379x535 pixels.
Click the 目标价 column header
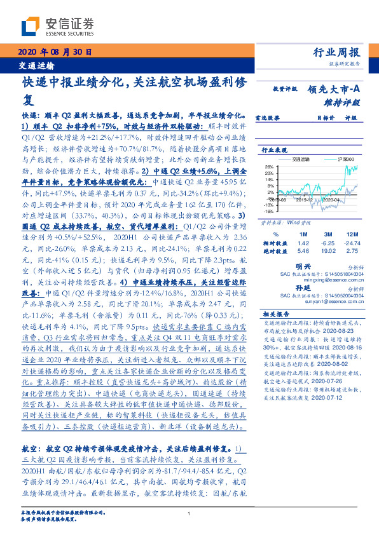click(308, 118)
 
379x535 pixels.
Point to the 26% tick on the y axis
click(269, 167)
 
